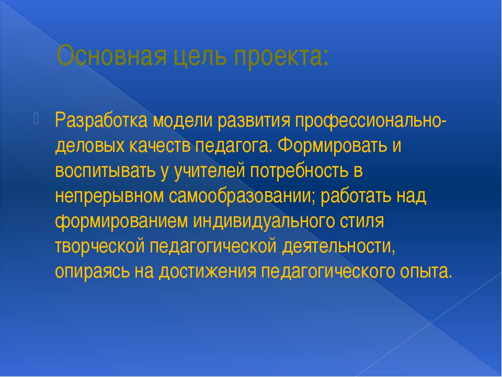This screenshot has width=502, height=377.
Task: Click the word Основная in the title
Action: [111, 56]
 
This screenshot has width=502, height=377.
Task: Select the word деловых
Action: [90, 147]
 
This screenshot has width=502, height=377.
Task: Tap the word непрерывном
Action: [109, 197]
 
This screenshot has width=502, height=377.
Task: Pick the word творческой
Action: [100, 247]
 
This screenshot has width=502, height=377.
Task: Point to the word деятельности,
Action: [339, 247]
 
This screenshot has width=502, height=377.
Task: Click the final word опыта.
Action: [426, 272]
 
